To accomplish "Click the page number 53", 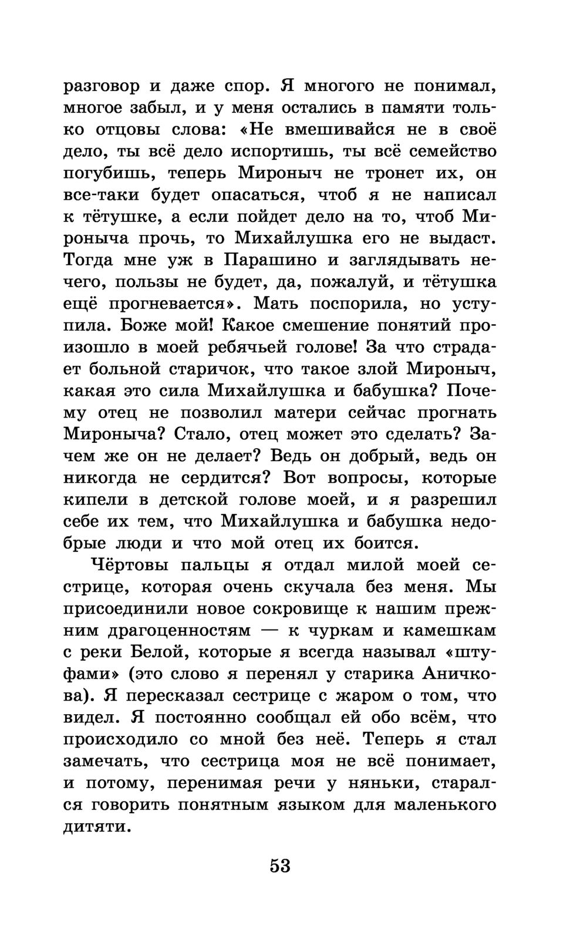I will coord(280,866).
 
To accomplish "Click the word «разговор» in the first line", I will coord(101,87).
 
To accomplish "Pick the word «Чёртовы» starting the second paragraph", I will coord(130,565).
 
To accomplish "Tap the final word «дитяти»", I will coord(95,826).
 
